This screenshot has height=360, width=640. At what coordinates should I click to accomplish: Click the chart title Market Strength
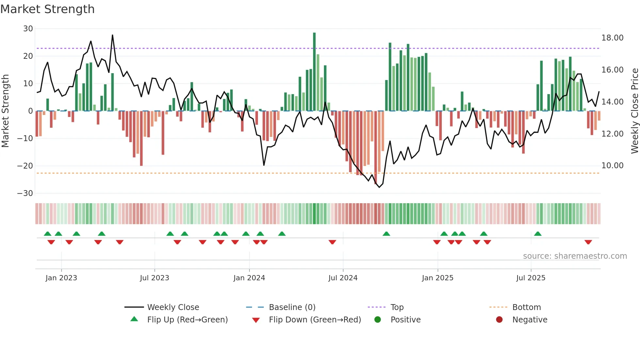coord(47,9)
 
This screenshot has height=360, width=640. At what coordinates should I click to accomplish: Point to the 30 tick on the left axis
coord(28,29)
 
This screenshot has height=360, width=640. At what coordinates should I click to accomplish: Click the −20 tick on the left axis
coord(25,166)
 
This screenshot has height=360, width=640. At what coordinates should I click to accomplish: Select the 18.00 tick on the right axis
coord(612,38)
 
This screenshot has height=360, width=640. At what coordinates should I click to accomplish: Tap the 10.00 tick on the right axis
coord(612,166)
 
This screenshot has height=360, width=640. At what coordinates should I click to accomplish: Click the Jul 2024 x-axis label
coord(343,278)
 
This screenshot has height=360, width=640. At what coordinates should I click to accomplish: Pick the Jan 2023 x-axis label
coord(61,278)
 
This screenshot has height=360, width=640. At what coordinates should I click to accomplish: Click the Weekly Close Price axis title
coord(634,111)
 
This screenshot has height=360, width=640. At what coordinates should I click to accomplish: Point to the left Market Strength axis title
coord(5,111)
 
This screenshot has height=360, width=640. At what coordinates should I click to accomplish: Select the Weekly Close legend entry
coord(173,307)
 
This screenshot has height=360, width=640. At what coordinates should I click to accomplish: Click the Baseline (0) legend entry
coord(292,307)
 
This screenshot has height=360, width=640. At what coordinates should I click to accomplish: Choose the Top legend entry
coord(397,307)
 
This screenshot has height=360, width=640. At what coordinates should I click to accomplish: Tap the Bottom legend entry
coord(526,307)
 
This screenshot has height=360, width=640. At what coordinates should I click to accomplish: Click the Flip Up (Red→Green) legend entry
coord(187,320)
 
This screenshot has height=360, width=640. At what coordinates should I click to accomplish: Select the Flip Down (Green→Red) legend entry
coord(315,320)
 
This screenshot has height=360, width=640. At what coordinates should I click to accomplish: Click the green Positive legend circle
coord(378,320)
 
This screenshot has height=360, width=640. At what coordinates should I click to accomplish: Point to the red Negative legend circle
coord(499,320)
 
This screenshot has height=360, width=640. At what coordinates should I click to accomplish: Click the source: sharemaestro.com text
coord(575,256)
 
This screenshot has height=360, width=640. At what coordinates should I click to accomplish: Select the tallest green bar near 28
coord(314,72)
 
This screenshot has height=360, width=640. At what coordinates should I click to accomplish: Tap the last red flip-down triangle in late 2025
coord(588,242)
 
